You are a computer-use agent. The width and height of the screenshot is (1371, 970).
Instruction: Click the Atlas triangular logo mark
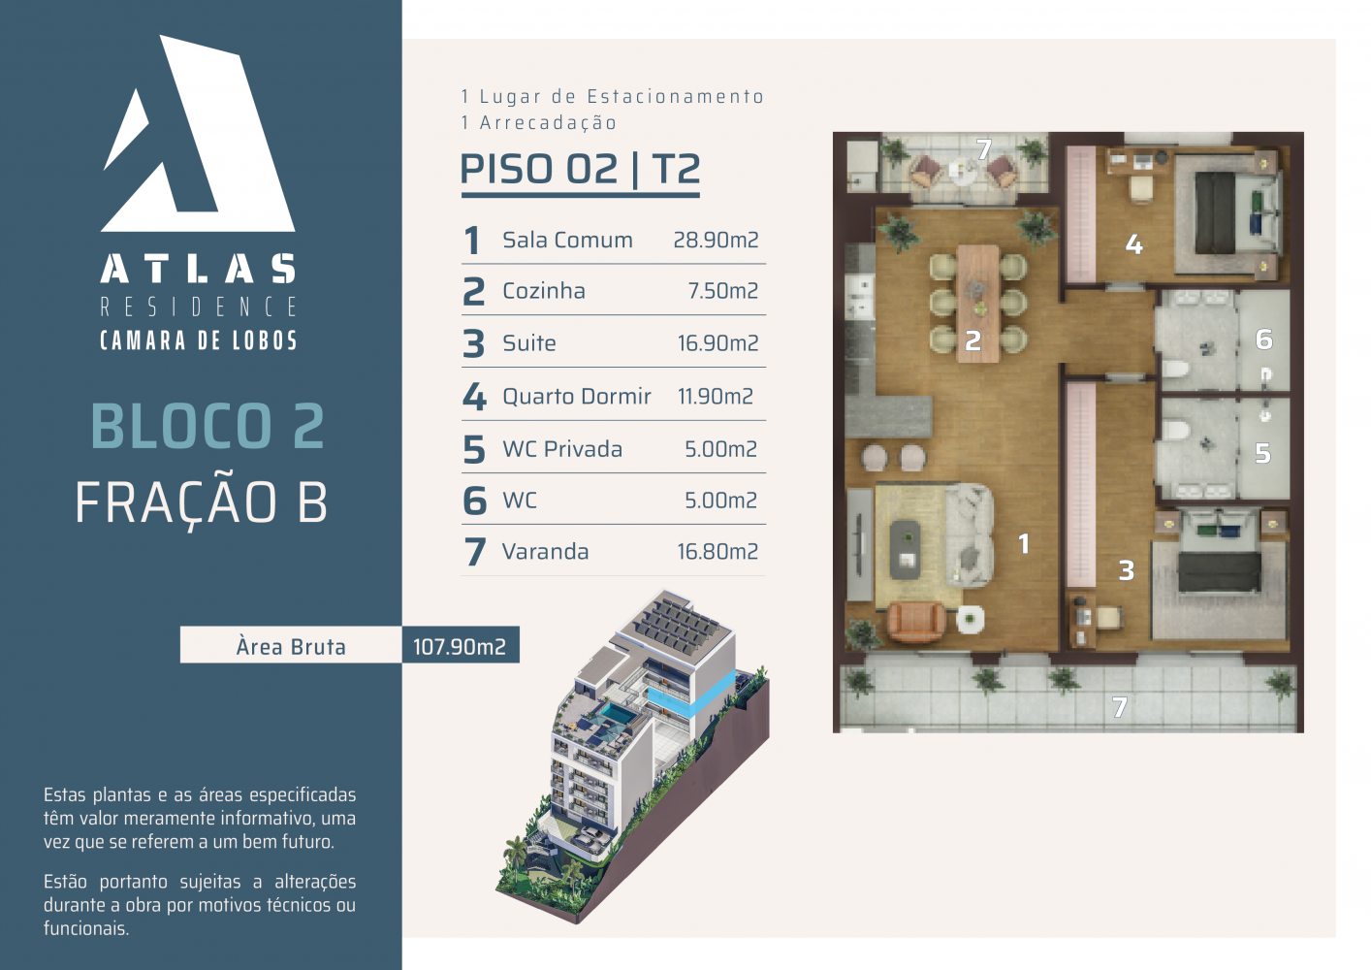tap(199, 135)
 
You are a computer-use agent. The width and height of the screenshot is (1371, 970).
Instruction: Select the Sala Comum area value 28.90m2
tap(716, 240)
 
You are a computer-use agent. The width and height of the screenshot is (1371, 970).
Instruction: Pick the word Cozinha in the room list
tap(544, 291)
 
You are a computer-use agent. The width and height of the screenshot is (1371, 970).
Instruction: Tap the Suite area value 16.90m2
tap(717, 343)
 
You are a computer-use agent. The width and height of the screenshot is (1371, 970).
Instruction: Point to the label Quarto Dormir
tap(577, 396)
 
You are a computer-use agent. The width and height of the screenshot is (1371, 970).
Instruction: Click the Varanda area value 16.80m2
tap(717, 552)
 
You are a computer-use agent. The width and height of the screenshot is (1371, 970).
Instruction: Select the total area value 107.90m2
tap(460, 647)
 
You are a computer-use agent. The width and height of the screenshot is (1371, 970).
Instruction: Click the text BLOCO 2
tap(207, 426)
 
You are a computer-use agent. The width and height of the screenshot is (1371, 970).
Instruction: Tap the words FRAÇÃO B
tap(202, 501)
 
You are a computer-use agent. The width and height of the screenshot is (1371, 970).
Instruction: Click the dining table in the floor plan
tap(977, 304)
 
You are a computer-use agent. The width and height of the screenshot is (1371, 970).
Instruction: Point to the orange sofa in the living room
tap(915, 622)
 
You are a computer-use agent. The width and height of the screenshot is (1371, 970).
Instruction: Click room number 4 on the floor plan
tap(1133, 245)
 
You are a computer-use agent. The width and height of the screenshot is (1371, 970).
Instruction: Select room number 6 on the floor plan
tap(1264, 339)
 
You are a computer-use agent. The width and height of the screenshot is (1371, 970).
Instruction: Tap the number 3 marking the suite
tap(1127, 570)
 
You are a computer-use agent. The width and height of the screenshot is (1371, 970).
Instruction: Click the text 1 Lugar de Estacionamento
tap(613, 96)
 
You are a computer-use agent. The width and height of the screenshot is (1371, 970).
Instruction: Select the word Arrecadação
tap(548, 123)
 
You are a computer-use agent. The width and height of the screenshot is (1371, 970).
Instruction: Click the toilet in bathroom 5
tap(1174, 430)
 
